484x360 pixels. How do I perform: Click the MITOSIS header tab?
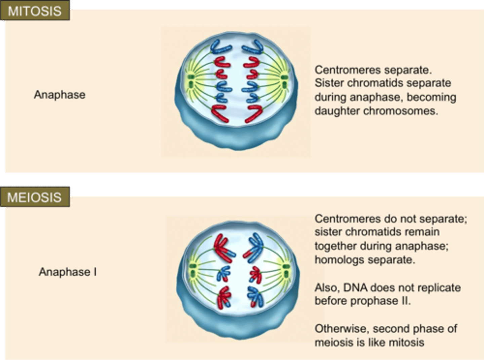pyautogui.click(x=35, y=11)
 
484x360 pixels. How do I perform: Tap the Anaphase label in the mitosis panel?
pyautogui.click(x=59, y=94)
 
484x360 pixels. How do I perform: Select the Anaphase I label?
pyautogui.click(x=68, y=272)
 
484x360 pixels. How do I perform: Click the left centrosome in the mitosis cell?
pyautogui.click(x=191, y=81)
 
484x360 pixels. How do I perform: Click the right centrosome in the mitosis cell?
pyautogui.click(x=284, y=81)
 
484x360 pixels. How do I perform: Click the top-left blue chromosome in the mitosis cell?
pyautogui.click(x=221, y=48)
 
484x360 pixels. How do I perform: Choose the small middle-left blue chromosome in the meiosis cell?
pyautogui.click(x=223, y=274)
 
